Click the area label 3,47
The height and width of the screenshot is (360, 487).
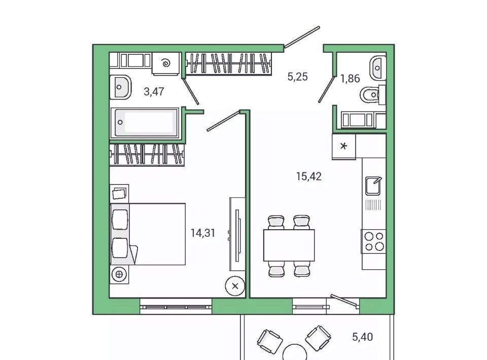(154, 92)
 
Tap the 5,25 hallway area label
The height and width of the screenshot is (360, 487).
(298, 77)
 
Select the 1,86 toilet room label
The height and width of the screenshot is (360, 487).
(350, 79)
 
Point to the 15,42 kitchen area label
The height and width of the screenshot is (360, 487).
(309, 176)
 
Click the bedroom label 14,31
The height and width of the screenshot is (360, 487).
(203, 233)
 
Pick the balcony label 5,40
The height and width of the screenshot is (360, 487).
(362, 337)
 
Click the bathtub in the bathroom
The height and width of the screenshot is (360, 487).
(145, 123)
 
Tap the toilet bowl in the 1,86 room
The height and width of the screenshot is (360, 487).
(370, 94)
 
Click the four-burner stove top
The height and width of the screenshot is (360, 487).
(374, 241)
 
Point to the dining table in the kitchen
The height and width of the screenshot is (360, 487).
(289, 245)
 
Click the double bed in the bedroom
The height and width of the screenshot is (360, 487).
(148, 234)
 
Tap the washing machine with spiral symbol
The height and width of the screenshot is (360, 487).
(166, 63)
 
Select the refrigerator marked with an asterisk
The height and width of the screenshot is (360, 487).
(343, 146)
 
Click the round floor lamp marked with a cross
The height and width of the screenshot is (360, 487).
(235, 286)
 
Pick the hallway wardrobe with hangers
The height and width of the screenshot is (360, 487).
(229, 63)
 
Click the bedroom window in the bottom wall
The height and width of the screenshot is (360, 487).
(176, 307)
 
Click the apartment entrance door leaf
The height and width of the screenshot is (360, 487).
(302, 37)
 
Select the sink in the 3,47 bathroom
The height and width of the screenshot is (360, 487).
(121, 87)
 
